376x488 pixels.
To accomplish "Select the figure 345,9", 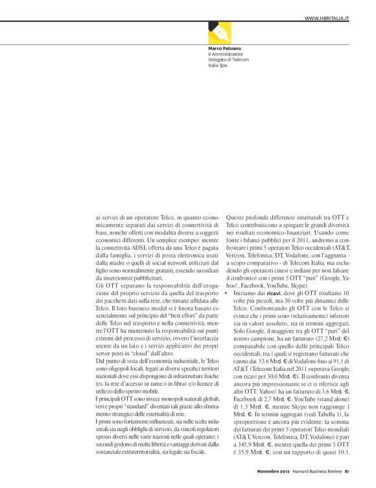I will point(247,456).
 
